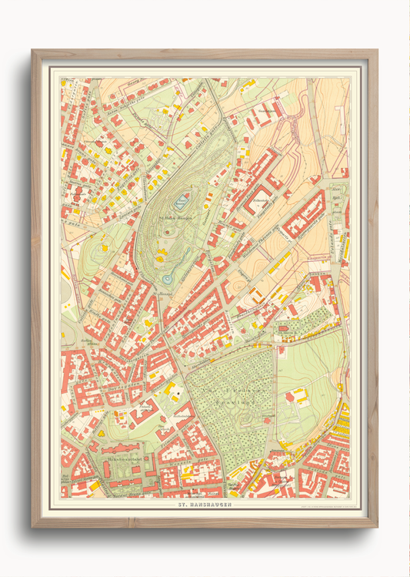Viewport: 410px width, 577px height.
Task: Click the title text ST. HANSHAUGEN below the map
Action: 205,505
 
